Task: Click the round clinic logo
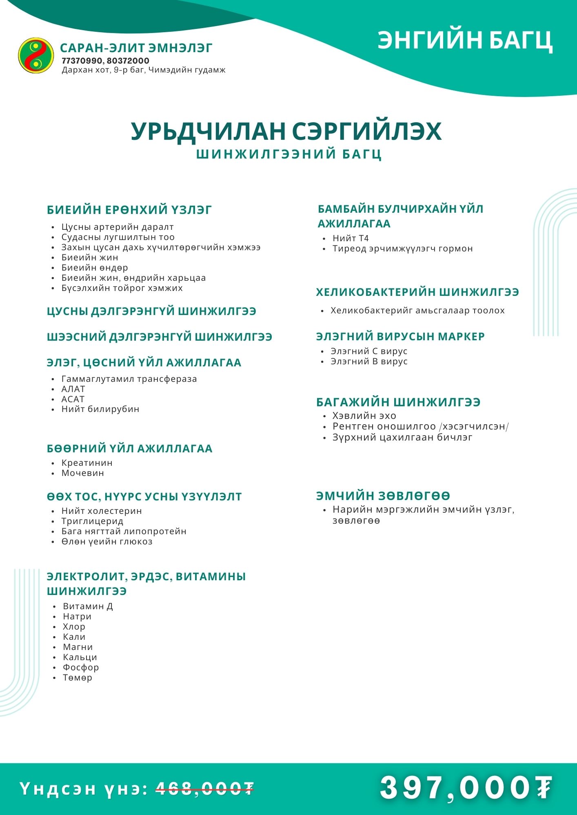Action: click(36, 55)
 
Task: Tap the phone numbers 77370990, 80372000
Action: click(105, 61)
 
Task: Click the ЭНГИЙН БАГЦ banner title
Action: click(465, 40)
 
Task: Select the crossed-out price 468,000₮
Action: click(205, 789)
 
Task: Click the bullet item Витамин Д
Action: click(88, 606)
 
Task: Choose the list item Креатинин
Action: click(87, 463)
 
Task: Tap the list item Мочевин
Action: click(83, 473)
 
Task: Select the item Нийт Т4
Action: click(351, 238)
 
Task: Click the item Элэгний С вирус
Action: click(369, 351)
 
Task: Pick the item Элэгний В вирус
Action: click(369, 361)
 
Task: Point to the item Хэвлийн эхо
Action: click(364, 416)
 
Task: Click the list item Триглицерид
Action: click(92, 521)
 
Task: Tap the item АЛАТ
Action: click(73, 389)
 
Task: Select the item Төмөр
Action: click(78, 678)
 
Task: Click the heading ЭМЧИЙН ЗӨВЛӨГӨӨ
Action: click(383, 496)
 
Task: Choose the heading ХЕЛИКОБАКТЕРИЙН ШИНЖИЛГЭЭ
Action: click(417, 292)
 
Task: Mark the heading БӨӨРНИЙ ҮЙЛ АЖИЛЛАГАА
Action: click(130, 449)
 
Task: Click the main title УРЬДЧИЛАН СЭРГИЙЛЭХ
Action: click(286, 131)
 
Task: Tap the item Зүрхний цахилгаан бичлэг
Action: click(402, 437)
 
